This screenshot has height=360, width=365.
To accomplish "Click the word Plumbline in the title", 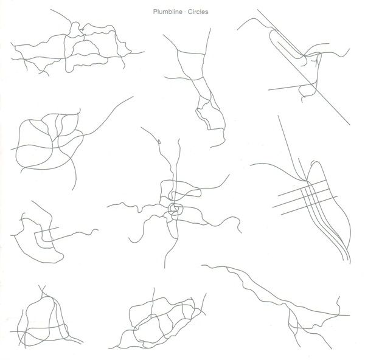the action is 168,12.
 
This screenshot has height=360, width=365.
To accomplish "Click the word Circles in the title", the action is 198,12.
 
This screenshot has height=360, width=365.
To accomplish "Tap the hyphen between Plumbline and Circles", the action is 186,12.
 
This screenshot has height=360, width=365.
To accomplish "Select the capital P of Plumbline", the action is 155,12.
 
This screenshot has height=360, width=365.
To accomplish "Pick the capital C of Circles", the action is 190,12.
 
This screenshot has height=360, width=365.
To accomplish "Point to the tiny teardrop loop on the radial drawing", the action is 159,141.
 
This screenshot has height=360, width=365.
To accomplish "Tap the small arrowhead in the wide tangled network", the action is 82,30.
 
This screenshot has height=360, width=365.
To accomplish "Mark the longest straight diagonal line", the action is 304,67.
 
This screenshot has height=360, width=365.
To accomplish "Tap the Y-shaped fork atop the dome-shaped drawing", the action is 42,290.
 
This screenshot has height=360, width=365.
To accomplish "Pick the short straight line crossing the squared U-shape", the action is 47,230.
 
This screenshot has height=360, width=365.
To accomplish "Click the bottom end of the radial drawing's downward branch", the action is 165,268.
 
